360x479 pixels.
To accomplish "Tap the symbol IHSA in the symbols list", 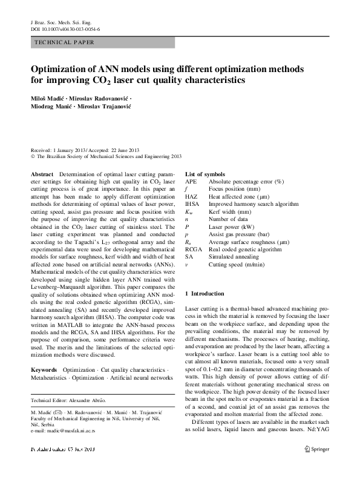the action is pos(192,204).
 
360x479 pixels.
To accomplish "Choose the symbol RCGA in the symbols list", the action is pos(194,249).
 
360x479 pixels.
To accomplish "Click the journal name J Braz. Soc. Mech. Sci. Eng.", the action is pos(59,21).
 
